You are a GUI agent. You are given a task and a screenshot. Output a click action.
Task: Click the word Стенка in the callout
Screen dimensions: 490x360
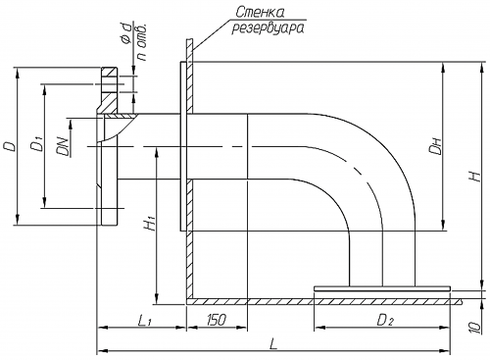tap(260, 12)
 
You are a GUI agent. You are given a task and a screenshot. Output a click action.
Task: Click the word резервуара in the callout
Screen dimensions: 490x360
tap(269, 28)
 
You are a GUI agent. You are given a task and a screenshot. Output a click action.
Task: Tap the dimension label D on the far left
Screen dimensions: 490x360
tap(11, 146)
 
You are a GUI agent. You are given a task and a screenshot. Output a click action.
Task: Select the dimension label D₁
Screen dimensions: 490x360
tap(36, 145)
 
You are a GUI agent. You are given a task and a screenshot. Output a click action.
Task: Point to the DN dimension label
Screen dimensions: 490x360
tap(63, 145)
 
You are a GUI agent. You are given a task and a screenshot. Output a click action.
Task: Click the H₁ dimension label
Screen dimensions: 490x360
tap(150, 224)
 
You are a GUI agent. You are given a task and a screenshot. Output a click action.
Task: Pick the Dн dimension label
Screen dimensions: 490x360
tap(435, 146)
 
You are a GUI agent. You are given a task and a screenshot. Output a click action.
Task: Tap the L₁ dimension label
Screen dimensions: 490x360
tap(144, 320)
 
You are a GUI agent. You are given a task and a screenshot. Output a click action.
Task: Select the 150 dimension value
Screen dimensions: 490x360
tap(216, 320)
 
